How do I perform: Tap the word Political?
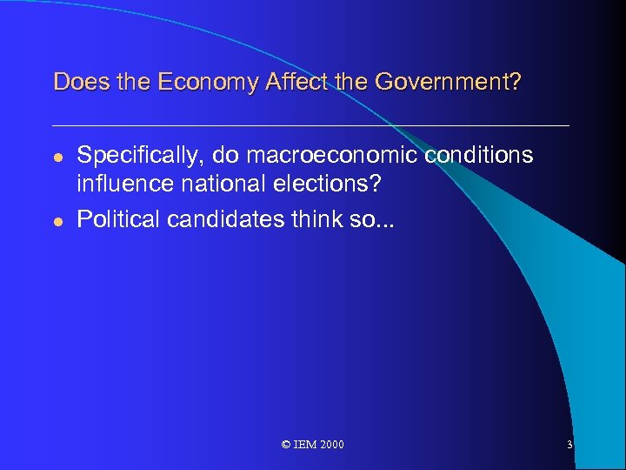click(x=118, y=220)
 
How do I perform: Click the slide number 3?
click(x=569, y=445)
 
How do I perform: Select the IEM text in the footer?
click(x=305, y=445)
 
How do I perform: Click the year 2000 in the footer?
click(x=331, y=445)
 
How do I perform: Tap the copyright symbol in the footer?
click(x=287, y=445)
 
